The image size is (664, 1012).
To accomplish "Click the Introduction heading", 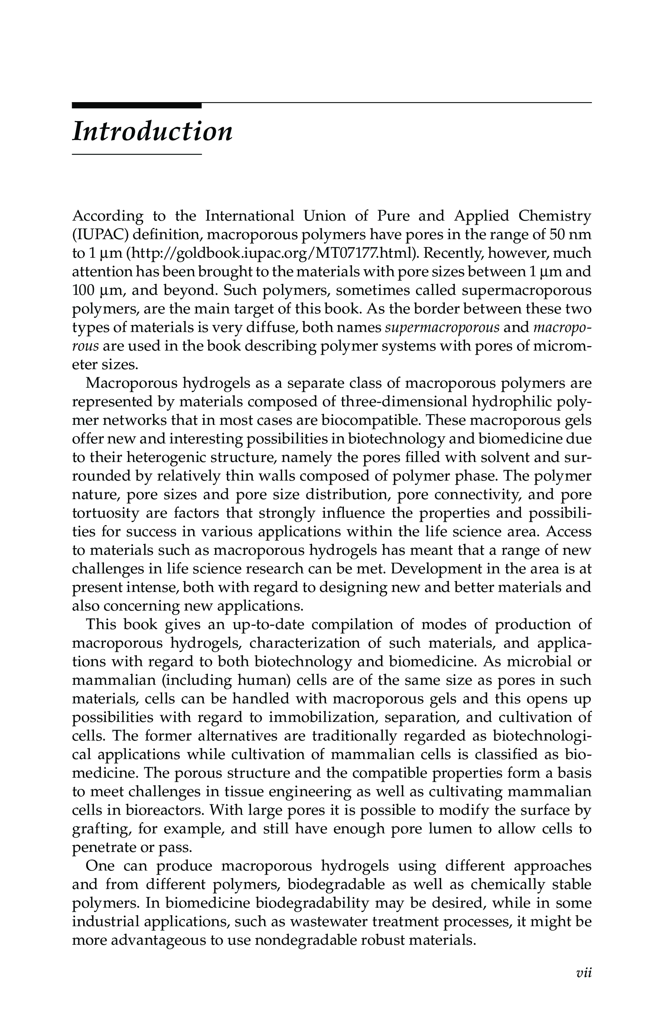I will tap(152, 131).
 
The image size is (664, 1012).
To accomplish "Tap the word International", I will tap(250, 216).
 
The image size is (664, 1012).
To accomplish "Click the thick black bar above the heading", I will tap(136, 105).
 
